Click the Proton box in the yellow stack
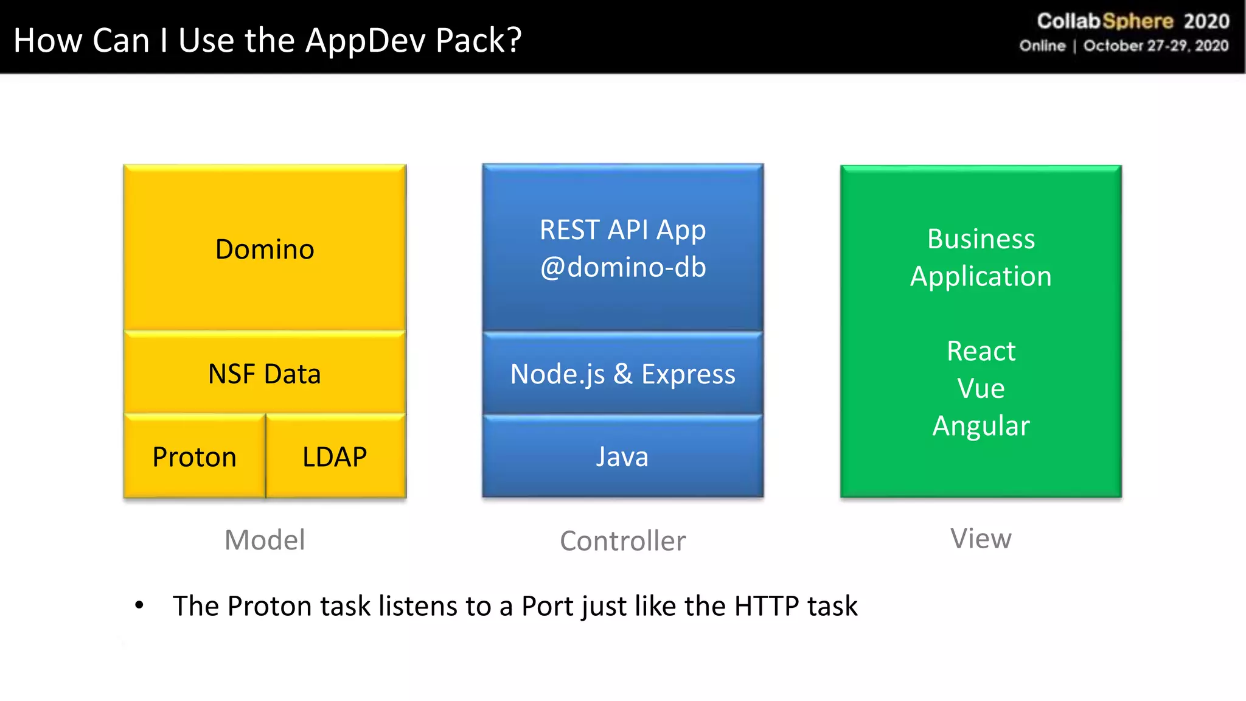click(194, 456)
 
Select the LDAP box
click(335, 456)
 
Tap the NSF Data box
click(265, 374)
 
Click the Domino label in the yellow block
click(265, 249)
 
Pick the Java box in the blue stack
click(622, 456)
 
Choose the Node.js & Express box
click(622, 374)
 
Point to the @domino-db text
click(623, 268)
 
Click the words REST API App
click(622, 230)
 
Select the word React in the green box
click(981, 351)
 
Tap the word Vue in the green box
click(981, 388)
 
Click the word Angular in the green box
click(981, 425)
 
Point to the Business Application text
click(981, 257)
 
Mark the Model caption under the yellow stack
click(265, 540)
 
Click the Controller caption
click(622, 541)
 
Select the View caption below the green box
click(981, 539)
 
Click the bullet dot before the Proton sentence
click(139, 605)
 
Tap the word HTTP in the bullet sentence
click(767, 606)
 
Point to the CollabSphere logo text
click(1105, 21)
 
